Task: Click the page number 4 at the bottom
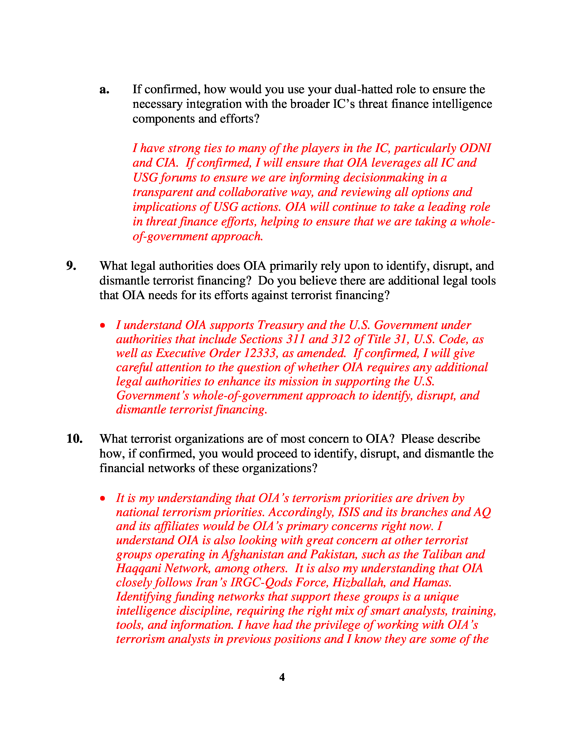(x=282, y=677)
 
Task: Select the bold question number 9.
(x=71, y=266)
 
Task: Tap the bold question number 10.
(x=74, y=439)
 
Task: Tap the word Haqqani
(x=138, y=568)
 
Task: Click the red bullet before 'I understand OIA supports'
(x=103, y=325)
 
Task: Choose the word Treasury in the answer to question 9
(x=280, y=325)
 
